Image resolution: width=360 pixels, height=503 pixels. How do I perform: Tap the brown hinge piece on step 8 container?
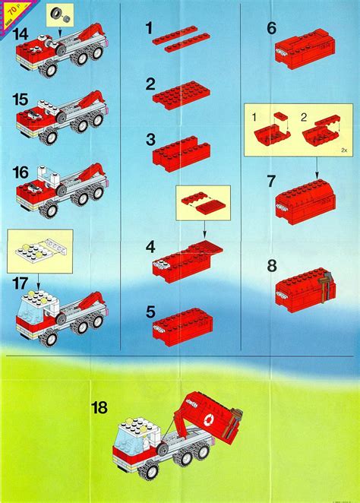[327, 284]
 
